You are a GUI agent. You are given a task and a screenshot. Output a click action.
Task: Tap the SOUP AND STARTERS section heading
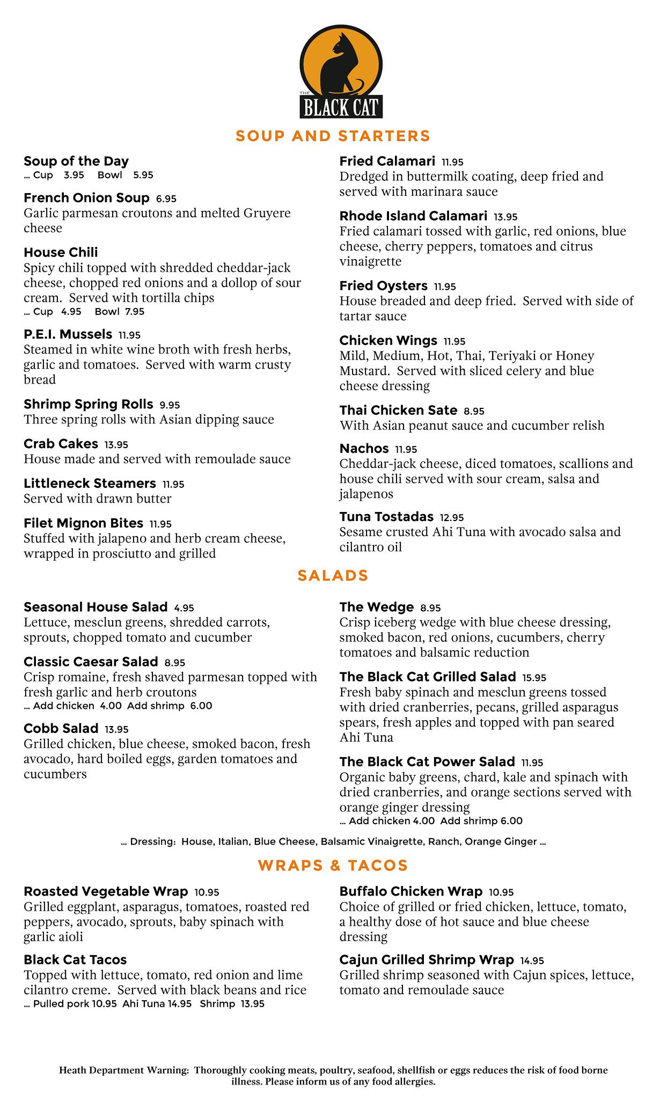tap(333, 136)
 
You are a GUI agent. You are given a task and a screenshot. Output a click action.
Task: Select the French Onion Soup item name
tap(86, 198)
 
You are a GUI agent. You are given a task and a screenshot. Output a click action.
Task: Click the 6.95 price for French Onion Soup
tap(166, 199)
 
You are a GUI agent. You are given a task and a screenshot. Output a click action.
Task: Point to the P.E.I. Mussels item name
tap(68, 334)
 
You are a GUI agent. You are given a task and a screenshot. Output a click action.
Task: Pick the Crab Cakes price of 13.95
tap(116, 444)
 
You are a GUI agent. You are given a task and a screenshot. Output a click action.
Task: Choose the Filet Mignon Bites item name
tap(83, 523)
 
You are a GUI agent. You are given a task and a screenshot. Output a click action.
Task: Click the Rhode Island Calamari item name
tap(413, 216)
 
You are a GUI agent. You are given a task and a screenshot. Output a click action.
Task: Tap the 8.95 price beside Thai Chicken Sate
tap(474, 411)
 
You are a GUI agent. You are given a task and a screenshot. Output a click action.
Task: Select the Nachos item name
tap(364, 449)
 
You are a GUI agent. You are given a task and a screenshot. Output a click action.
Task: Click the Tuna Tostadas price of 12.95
tap(452, 517)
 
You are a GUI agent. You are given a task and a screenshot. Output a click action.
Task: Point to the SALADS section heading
tap(333, 576)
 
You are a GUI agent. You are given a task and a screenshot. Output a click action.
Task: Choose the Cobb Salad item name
tap(61, 729)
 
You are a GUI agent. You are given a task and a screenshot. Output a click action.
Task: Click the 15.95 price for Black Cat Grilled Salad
tap(534, 678)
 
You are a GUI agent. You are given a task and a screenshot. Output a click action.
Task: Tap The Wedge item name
tap(376, 607)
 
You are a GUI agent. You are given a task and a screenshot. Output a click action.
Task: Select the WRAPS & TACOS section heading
tap(333, 866)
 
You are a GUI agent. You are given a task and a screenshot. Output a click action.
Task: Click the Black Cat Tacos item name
tap(75, 960)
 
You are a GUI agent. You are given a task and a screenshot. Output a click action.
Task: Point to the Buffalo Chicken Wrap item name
tap(411, 892)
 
